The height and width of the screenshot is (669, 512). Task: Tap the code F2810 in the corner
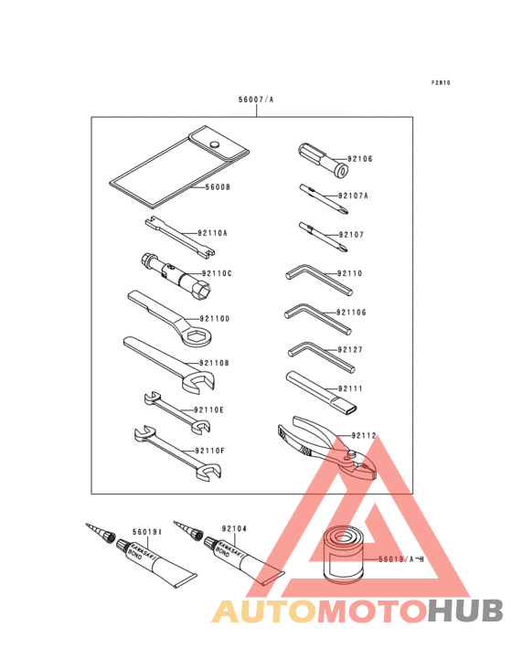click(x=441, y=82)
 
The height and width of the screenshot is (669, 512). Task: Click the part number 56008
click(x=217, y=187)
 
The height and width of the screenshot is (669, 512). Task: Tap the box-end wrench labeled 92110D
click(x=174, y=320)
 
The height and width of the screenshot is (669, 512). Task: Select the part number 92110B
click(x=216, y=363)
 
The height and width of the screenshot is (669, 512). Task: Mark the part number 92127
click(x=350, y=350)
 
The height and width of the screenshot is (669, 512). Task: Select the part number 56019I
click(x=146, y=530)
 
